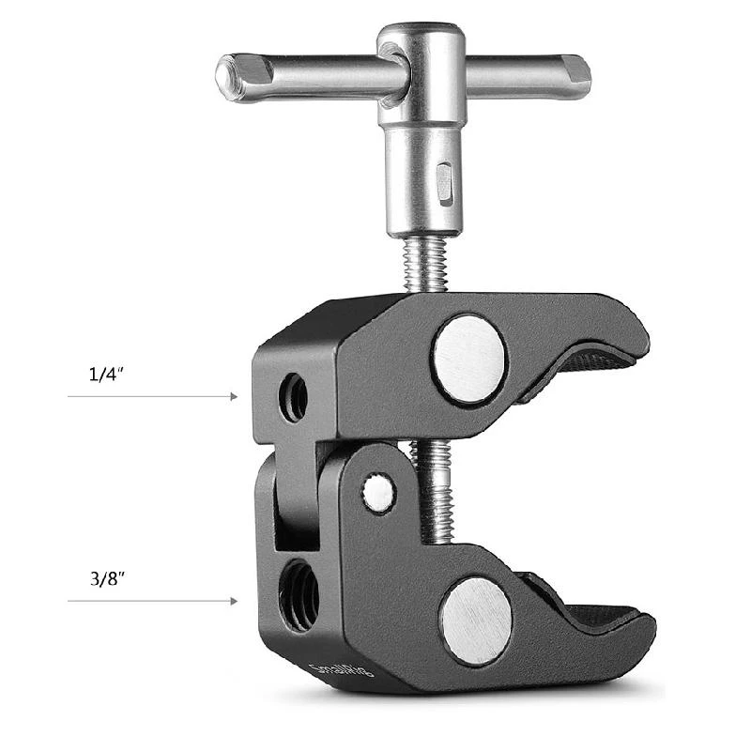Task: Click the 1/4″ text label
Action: pos(107,374)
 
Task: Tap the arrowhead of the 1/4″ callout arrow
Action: pos(234,397)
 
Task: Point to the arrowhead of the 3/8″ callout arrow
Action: pos(234,601)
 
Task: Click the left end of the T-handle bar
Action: pos(229,78)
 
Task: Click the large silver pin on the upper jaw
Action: pos(469,359)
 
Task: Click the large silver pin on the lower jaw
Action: pos(476,621)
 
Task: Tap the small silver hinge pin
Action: pos(379,494)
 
